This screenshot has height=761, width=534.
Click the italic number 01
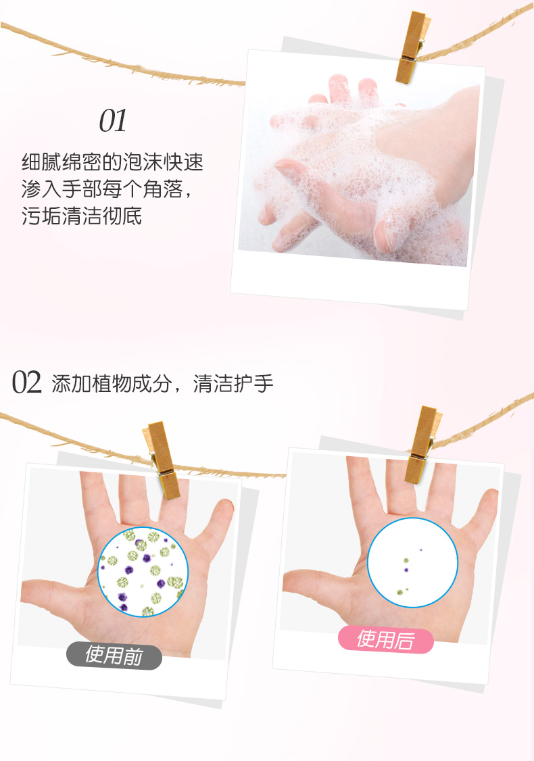[x=113, y=121]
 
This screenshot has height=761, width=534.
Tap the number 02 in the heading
[x=27, y=383]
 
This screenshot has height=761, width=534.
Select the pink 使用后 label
[x=385, y=639]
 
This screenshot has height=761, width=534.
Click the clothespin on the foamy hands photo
[x=412, y=47]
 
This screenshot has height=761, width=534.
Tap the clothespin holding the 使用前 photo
[x=162, y=460]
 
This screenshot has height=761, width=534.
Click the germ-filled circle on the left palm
[x=143, y=572]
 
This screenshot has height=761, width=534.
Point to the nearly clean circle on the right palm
[x=412, y=562]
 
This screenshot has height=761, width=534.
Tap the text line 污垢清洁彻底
[x=82, y=216]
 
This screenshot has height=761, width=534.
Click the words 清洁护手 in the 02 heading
[x=233, y=383]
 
